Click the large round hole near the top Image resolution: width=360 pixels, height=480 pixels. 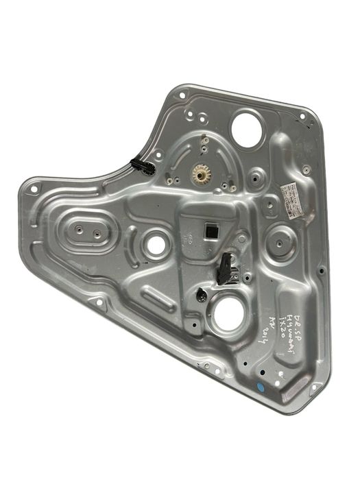coord(244,127)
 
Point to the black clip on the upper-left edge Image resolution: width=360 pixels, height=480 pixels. coord(142,166)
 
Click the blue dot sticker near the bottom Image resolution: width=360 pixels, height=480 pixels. coord(260,387)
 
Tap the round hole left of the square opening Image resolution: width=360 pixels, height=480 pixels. coord(157,243)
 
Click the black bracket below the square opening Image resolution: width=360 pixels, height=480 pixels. coord(225,267)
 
